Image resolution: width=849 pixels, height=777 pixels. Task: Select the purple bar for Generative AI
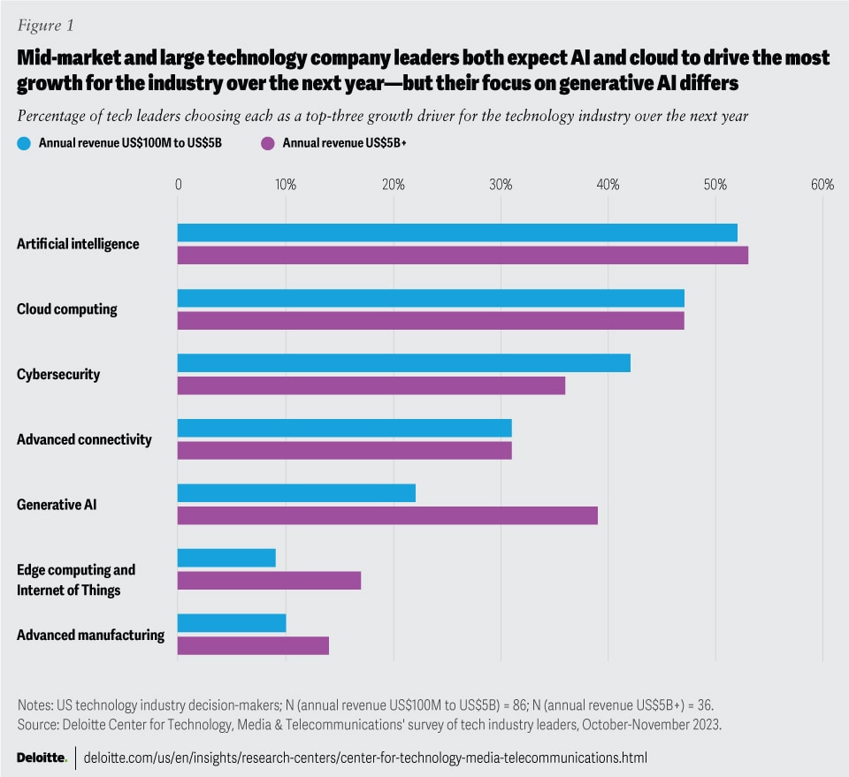[387, 515]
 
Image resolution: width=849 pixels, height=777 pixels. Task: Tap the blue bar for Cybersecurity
[404, 362]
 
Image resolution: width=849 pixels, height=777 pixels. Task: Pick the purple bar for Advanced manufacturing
[253, 645]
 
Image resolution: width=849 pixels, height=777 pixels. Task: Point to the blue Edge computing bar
[226, 558]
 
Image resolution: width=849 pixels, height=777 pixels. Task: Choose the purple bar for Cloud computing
[431, 320]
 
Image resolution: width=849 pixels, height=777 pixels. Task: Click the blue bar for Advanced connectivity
[345, 428]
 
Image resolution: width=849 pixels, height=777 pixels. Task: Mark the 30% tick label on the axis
[501, 185]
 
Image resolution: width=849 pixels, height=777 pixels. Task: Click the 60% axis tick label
[822, 185]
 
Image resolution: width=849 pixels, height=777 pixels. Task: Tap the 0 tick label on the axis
[178, 185]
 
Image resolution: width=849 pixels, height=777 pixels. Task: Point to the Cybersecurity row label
[58, 374]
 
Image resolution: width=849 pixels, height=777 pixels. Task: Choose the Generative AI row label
[56, 505]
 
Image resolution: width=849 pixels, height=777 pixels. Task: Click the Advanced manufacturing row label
[90, 635]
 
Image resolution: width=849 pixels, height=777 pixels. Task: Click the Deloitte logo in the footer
[42, 758]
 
